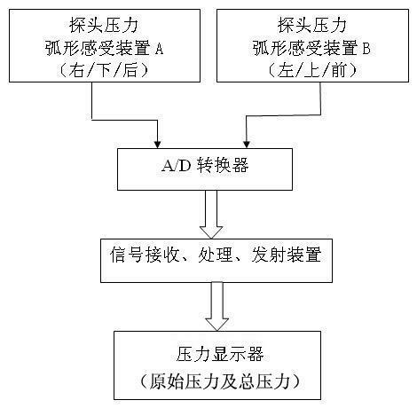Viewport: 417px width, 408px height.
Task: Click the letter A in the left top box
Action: tap(159, 49)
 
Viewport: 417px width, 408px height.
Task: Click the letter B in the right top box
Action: tap(366, 49)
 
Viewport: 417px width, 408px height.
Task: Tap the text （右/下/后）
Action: tap(104, 70)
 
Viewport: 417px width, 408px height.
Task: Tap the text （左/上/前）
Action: tap(312, 70)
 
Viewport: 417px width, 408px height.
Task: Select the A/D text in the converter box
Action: tap(177, 166)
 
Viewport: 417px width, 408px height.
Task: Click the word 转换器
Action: tap(223, 165)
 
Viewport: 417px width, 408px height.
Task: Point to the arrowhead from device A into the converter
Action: tap(158, 144)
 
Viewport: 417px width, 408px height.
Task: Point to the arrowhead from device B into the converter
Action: tap(247, 144)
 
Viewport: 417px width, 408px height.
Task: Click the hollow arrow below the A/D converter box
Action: tap(211, 214)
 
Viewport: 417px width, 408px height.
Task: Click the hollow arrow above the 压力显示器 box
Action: tap(217, 306)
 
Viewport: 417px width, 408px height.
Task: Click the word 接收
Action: tap(162, 255)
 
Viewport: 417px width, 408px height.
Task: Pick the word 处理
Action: tap(216, 255)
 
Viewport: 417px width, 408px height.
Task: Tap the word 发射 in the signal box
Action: tap(269, 255)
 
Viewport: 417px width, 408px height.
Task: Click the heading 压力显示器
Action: tap(220, 354)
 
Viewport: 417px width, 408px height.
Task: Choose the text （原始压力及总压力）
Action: tap(219, 381)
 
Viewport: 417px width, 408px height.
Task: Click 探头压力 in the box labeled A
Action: tap(104, 25)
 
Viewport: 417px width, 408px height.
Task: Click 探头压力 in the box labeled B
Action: tap(312, 25)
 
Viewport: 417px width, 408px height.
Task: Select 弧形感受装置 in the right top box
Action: tap(305, 49)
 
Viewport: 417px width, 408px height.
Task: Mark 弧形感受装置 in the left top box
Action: tap(98, 49)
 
